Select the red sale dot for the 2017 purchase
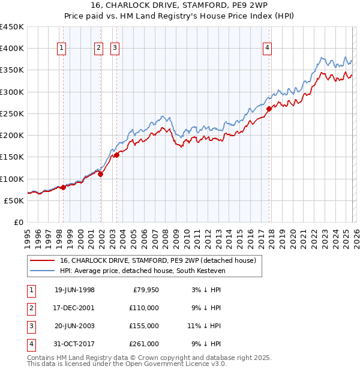click(269, 109)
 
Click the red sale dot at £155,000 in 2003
click(116, 155)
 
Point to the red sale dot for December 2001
click(101, 175)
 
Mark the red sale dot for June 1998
click(64, 188)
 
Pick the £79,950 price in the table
click(144, 290)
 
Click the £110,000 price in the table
click(144, 308)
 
